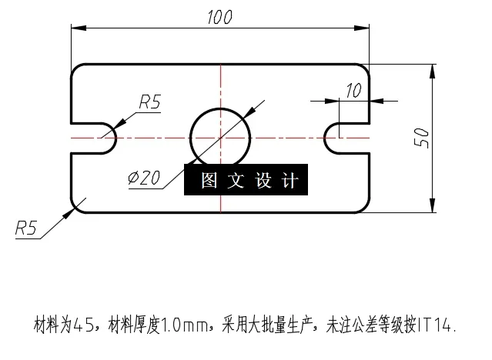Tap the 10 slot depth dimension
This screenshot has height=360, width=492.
tap(353, 90)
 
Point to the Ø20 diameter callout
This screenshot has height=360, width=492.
tap(144, 178)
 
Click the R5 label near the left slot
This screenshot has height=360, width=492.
tap(149, 101)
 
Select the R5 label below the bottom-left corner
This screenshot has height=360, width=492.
tap(26, 227)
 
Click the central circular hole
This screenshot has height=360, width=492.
tap(220, 137)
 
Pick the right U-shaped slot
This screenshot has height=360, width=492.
tap(339, 137)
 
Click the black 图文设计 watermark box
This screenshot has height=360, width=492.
tap(246, 181)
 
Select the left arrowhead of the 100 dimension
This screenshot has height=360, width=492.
tap(76, 28)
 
